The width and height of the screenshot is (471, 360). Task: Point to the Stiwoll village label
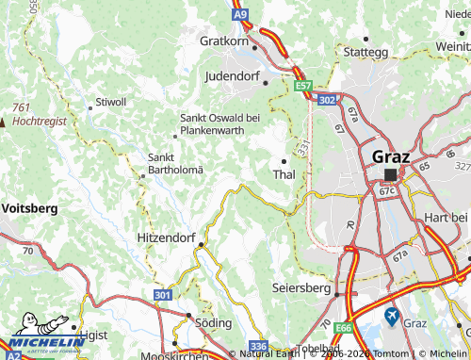pyautogui.click(x=111, y=100)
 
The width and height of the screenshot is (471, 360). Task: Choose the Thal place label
pyautogui.click(x=284, y=175)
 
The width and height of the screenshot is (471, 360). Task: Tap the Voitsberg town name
pyautogui.click(x=30, y=207)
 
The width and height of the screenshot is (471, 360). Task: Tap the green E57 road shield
pyautogui.click(x=302, y=86)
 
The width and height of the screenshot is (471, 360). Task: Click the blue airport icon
pyautogui.click(x=392, y=318)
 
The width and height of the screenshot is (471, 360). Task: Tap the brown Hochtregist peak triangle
pyautogui.click(x=4, y=122)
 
